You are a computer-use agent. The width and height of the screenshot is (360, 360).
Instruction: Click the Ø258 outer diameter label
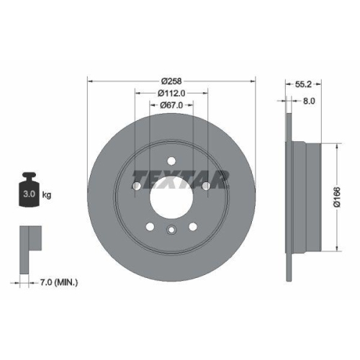coord(171,80)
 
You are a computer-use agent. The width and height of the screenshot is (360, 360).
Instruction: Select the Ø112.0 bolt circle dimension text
coord(171,93)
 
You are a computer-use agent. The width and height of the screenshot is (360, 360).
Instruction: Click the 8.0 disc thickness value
coord(308,102)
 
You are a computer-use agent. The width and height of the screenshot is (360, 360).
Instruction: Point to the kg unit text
coord(47,194)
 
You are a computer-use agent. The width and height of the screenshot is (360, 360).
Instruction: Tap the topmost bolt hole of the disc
coord(171,161)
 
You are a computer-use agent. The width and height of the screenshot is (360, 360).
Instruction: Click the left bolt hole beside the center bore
coord(137,187)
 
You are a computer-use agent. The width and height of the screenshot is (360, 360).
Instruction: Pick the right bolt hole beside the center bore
coord(206,187)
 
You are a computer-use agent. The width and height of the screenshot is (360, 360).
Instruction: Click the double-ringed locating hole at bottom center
coord(171,230)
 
